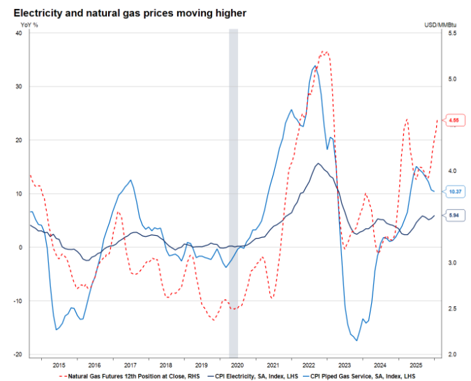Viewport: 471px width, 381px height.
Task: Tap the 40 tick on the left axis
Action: coord(19,33)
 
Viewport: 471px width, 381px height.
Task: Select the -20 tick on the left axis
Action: coord(17,354)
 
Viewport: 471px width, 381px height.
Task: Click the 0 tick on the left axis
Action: coord(21,247)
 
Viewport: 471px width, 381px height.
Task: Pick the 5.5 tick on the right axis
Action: coord(451,33)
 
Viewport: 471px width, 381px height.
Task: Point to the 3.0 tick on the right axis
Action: coord(451,263)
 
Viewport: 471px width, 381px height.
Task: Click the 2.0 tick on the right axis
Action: coord(451,354)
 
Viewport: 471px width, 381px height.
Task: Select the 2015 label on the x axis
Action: coord(59,365)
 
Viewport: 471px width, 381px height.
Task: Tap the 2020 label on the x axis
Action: coord(237,365)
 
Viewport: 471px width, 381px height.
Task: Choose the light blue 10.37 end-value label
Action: coord(455,191)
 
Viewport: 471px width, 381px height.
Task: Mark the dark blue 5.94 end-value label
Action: coord(454,216)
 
